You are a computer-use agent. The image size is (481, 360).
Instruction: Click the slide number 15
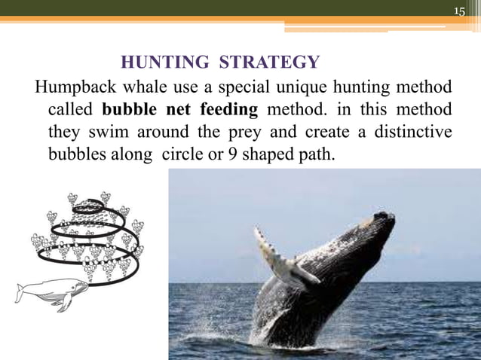point(458,10)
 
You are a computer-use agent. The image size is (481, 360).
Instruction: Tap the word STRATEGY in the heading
point(259,60)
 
